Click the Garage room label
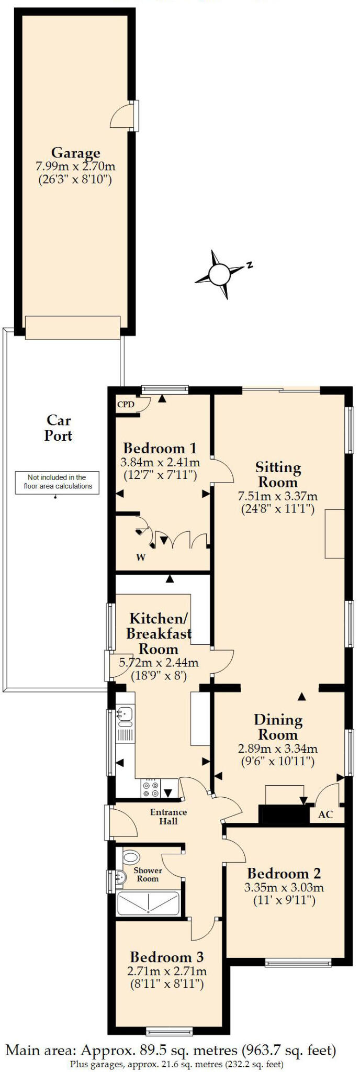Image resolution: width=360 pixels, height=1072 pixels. (x=75, y=153)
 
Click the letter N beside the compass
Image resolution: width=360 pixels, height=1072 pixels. (x=250, y=265)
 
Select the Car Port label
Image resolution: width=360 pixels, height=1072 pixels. (x=58, y=428)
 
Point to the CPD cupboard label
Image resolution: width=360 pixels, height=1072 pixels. (x=126, y=404)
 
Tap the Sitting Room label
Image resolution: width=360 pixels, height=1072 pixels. (x=278, y=474)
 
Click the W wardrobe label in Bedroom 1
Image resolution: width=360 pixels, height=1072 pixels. (x=141, y=557)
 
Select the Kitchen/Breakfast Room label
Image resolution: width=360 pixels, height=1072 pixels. (x=159, y=633)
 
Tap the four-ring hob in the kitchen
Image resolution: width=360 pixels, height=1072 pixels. (x=151, y=789)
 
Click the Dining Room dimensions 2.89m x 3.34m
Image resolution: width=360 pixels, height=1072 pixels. (x=278, y=749)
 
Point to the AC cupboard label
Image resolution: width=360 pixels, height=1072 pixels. (x=325, y=814)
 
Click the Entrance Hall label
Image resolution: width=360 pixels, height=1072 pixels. (x=168, y=817)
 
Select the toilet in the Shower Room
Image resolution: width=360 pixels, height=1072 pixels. (x=131, y=857)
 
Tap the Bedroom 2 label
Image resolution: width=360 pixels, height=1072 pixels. (x=284, y=873)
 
